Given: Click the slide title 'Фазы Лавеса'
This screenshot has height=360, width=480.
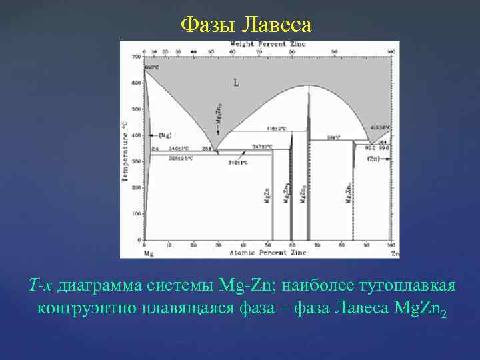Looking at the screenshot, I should [x=246, y=25].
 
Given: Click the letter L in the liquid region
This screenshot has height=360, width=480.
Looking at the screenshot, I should [x=236, y=83].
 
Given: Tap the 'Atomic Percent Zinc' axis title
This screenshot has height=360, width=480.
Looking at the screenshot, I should [x=268, y=253].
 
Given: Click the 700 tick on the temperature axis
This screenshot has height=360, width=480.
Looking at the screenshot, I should [x=137, y=57].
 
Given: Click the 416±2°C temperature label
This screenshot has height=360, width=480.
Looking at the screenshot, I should [x=277, y=128].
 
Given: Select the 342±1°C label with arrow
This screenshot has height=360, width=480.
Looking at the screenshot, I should [x=238, y=162].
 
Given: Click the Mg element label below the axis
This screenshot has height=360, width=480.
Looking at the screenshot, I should [x=148, y=254].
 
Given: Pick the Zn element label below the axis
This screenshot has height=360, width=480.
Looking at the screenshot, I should [x=395, y=254].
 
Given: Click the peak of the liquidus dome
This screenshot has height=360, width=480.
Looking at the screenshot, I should [x=307, y=85].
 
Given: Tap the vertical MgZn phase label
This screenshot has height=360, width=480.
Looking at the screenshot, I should [x=267, y=199].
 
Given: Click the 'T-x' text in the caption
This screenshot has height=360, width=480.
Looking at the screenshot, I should [x=41, y=285].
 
